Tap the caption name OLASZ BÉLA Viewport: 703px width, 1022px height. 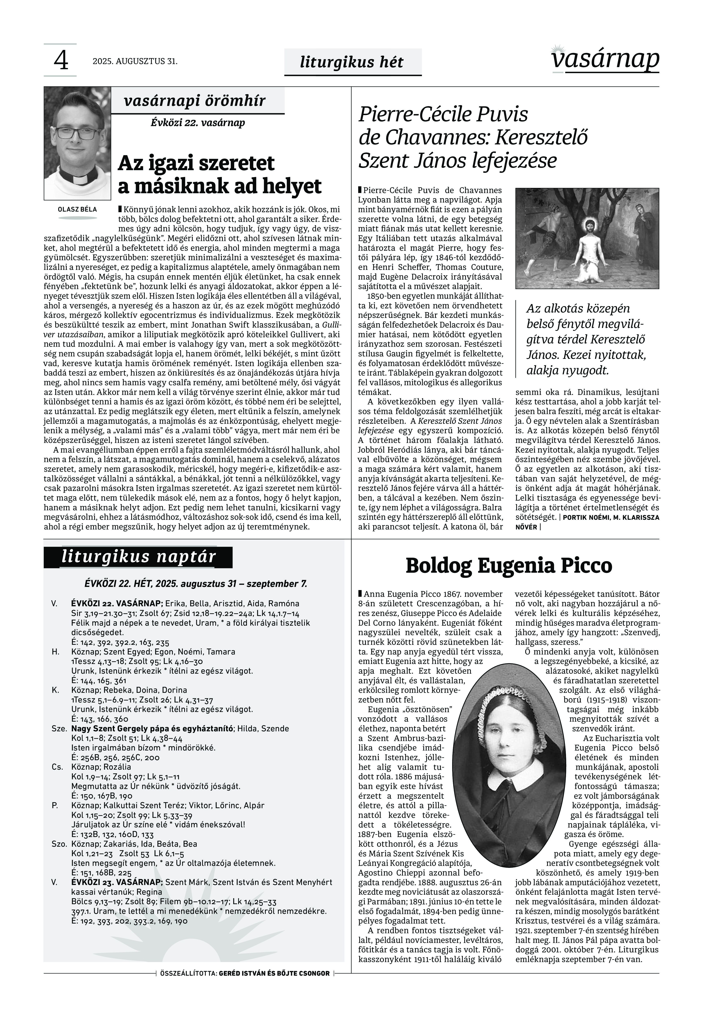(77, 209)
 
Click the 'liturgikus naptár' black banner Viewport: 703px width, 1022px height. (138, 557)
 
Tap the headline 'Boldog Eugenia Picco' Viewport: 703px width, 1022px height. (509, 566)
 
